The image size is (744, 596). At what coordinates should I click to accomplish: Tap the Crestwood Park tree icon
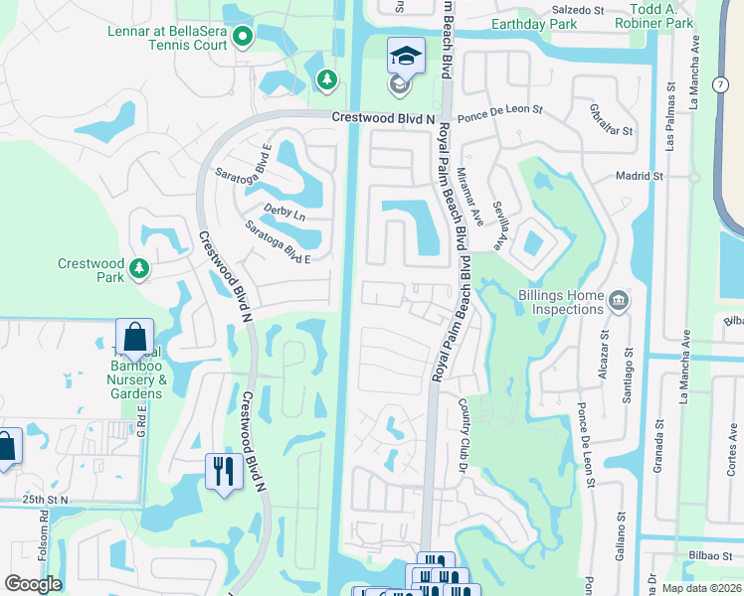pyautogui.click(x=140, y=268)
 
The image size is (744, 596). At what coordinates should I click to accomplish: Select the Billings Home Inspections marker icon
pyautogui.click(x=618, y=300)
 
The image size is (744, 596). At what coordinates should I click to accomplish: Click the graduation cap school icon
pyautogui.click(x=405, y=57)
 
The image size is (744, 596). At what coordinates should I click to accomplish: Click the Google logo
pyautogui.click(x=33, y=584)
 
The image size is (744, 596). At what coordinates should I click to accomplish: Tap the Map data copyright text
pyautogui.click(x=701, y=588)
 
